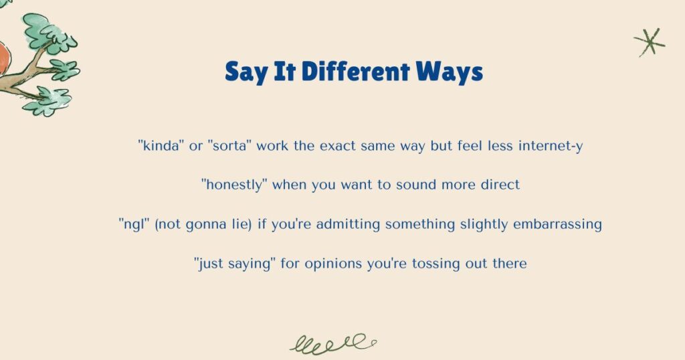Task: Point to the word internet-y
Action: (x=551, y=145)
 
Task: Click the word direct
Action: (x=498, y=185)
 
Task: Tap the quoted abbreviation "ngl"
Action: (x=134, y=224)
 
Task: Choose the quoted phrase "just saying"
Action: (x=235, y=264)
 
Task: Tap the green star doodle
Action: (x=650, y=42)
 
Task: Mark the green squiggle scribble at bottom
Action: (x=332, y=343)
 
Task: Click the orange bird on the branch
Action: (x=3, y=57)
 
